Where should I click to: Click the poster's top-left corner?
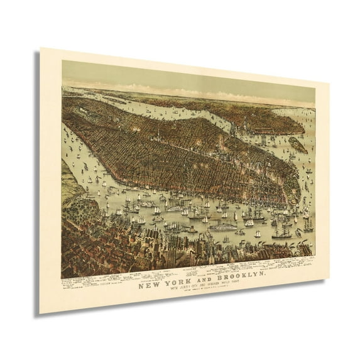(41, 48)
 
